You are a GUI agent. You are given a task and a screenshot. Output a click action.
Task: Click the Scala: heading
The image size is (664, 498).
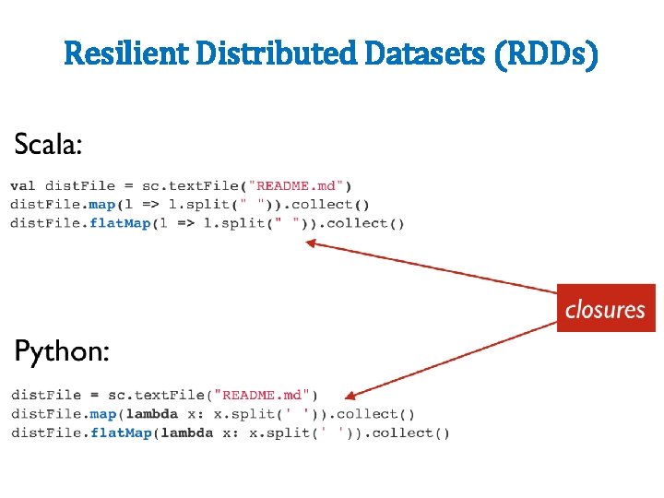[x=48, y=144]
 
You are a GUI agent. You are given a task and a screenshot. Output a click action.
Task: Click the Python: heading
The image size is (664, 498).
[x=62, y=351]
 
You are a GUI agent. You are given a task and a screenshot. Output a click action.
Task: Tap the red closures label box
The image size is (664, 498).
[x=605, y=309]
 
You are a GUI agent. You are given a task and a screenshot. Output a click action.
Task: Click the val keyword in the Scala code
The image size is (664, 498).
[x=23, y=186]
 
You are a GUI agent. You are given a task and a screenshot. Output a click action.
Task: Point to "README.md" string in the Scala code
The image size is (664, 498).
[x=300, y=186]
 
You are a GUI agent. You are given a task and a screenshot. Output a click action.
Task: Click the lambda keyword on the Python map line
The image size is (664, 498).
[x=151, y=414]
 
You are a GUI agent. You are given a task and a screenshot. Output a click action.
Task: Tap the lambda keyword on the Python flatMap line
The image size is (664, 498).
[x=186, y=433]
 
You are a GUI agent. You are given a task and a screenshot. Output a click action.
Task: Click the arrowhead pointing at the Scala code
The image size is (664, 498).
[x=311, y=243]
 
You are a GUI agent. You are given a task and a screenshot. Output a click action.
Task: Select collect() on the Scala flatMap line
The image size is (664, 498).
[x=365, y=223]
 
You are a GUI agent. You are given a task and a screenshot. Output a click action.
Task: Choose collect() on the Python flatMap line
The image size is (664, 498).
[x=409, y=433]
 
